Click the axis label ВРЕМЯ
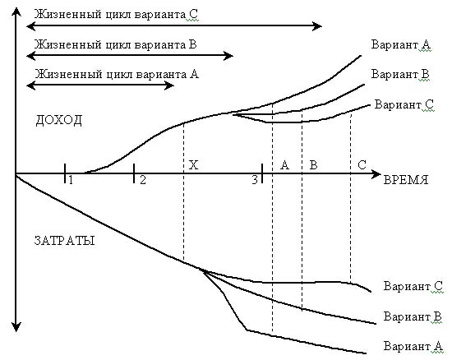pos(406,180)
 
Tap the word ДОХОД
pos(59,121)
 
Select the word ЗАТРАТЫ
pos(64,240)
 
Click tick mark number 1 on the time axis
pos(65,173)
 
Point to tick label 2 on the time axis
pos(143,180)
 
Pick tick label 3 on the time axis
pos(255,180)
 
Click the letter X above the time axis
pos(193,165)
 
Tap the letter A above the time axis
pos(284,165)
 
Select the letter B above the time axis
pos(313,165)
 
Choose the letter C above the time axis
pos(362,165)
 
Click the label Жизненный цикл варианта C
pos(116,15)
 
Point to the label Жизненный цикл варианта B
pos(116,44)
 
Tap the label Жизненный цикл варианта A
pos(117,74)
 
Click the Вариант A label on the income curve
pos(401,44)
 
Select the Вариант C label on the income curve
pos(404,104)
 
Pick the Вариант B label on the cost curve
pos(413,316)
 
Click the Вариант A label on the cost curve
pos(413,346)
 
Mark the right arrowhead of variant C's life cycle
pos(317,26)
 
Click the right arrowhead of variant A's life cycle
pos(169,85)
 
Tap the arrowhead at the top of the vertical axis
pos(16,12)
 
